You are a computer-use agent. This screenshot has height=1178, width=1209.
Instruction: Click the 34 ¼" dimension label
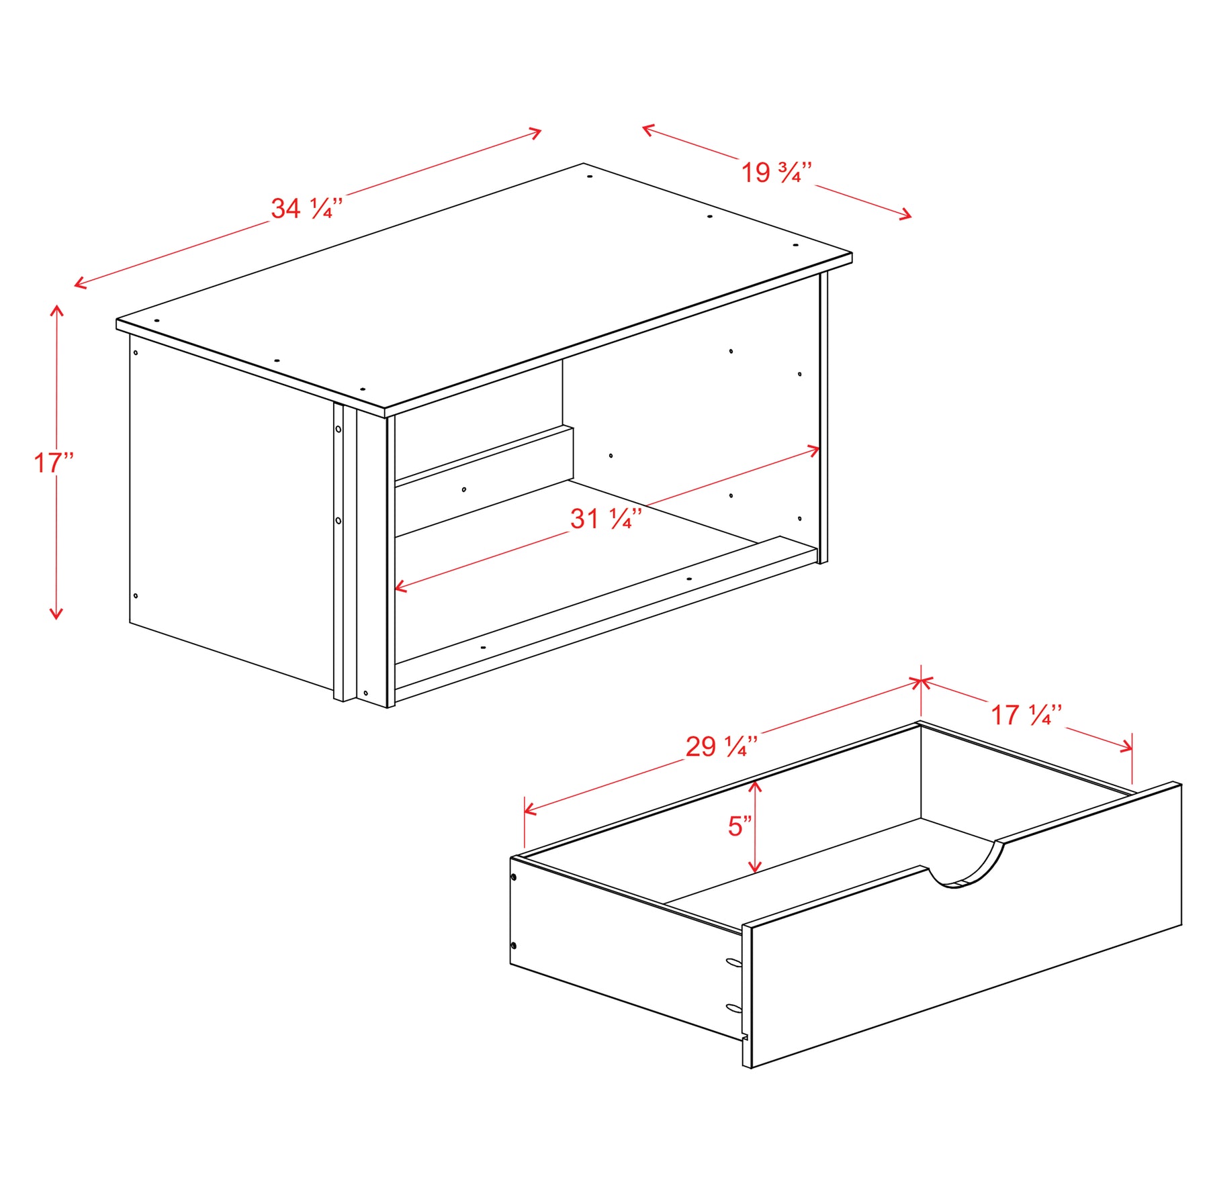pyautogui.click(x=306, y=208)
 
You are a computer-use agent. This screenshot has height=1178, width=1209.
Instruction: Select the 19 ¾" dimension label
pyautogui.click(x=776, y=173)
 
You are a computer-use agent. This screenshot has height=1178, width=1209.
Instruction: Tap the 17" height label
pyautogui.click(x=54, y=463)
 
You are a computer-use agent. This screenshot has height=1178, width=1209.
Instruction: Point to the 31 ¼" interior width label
pyautogui.click(x=606, y=518)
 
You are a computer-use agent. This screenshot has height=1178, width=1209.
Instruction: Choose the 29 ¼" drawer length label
pyautogui.click(x=721, y=746)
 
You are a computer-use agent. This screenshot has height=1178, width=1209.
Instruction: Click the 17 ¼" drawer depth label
pyautogui.click(x=1026, y=715)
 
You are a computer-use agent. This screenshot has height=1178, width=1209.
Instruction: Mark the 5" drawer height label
pyautogui.click(x=740, y=826)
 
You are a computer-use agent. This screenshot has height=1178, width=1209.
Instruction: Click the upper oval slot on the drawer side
pyautogui.click(x=733, y=963)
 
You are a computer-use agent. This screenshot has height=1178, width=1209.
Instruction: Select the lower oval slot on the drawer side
pyautogui.click(x=733, y=1008)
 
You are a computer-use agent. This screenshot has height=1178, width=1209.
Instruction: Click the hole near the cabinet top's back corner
pyautogui.click(x=589, y=177)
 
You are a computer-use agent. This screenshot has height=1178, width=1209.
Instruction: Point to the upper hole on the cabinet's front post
pyautogui.click(x=338, y=429)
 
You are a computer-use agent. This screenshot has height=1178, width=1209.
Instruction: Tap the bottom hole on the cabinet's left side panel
pyautogui.click(x=136, y=595)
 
